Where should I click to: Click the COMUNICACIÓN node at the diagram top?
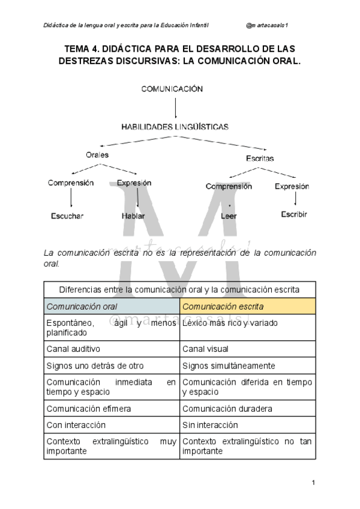[x=172, y=89]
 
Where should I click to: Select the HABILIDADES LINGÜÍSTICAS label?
[x=175, y=127]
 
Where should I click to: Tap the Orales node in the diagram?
[x=97, y=155]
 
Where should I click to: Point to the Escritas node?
[x=260, y=158]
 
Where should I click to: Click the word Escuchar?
[x=67, y=215]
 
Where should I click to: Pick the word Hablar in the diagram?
[x=133, y=215]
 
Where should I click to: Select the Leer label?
[x=229, y=215]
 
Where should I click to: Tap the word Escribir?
[x=294, y=214]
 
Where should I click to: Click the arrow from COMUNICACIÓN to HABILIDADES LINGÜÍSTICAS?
[x=175, y=108]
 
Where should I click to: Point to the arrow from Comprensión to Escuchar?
[x=71, y=199]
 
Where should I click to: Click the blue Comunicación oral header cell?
[x=112, y=306]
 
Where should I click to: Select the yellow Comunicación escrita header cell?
[x=248, y=306]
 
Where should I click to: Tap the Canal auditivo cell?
[x=112, y=349]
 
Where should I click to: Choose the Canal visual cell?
[x=248, y=349]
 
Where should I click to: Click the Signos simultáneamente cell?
[x=248, y=365]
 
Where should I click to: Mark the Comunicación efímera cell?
[x=112, y=409]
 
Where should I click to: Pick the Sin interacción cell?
[x=248, y=425]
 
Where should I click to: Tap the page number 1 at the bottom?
[x=313, y=483]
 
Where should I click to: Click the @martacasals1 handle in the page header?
[x=268, y=25]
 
